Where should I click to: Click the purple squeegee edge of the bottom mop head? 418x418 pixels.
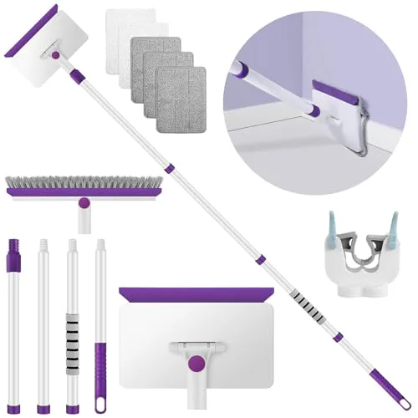(x=195, y=294)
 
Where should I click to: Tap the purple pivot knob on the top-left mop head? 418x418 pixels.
(x=56, y=54)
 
